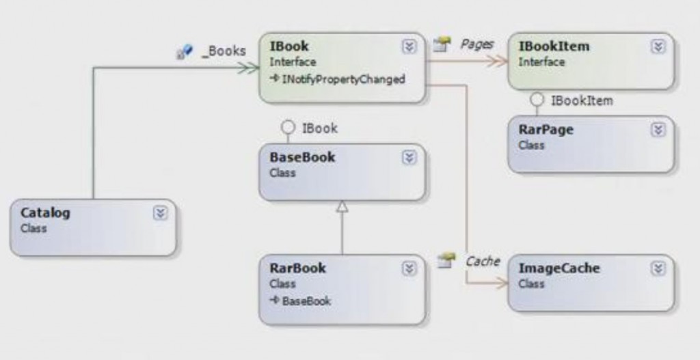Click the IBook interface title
tap(289, 46)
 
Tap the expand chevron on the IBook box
tap(409, 46)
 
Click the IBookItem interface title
tap(554, 46)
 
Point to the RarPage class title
tap(546, 130)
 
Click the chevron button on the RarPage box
tap(658, 130)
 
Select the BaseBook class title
tap(302, 157)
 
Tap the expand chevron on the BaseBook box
tap(409, 157)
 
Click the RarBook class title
tap(297, 268)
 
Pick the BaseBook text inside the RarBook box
tap(306, 301)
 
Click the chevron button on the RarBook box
tap(409, 268)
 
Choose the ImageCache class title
tap(558, 268)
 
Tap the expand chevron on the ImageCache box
tap(658, 268)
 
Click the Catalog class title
tap(45, 212)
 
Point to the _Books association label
tap(223, 51)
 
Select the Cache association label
tap(483, 260)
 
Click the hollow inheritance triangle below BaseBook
tap(342, 206)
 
